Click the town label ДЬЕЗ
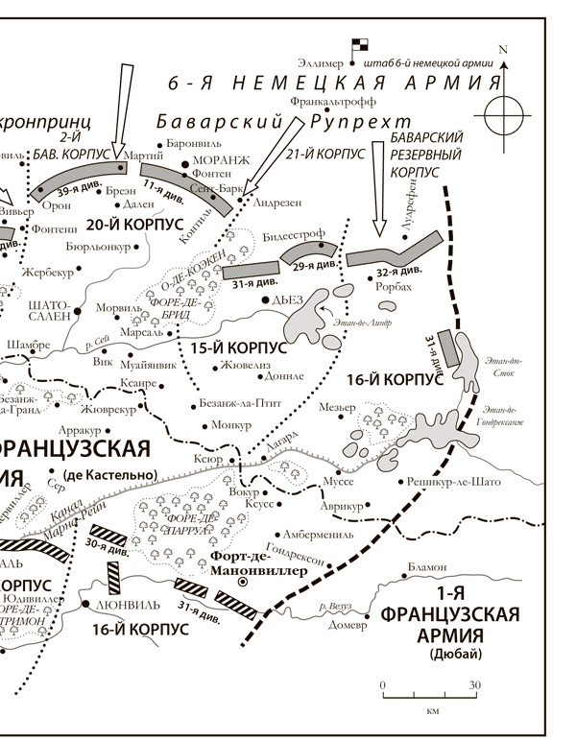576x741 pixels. click(287, 300)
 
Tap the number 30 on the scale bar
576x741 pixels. click(473, 685)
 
